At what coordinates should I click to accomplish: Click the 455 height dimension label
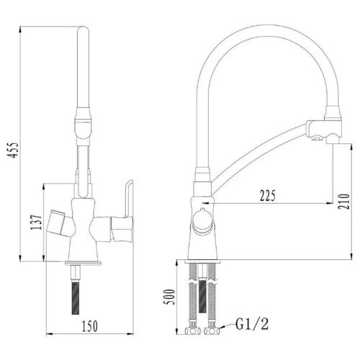coord(12,150)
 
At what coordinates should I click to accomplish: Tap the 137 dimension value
coord(36,222)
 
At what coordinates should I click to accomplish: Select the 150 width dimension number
coord(90,326)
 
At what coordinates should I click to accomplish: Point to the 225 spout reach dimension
coord(268,196)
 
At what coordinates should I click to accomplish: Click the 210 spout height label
coord(343,202)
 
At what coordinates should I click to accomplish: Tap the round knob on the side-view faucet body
coord(202,220)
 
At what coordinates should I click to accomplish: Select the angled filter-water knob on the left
coord(58,222)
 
